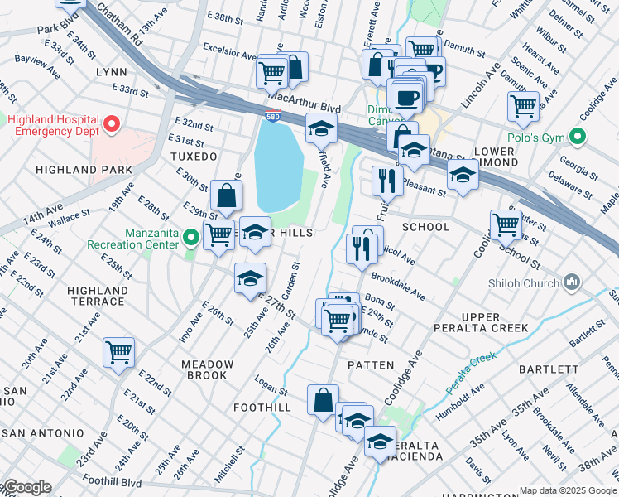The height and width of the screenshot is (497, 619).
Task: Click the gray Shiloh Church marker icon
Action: tap(572, 283)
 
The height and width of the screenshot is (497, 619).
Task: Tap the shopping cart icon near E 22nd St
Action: tap(118, 351)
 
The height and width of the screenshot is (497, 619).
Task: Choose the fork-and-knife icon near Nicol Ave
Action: tap(360, 249)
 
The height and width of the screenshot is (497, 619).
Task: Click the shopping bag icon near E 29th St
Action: tap(225, 196)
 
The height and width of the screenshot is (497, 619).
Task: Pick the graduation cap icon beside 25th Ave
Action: tap(249, 279)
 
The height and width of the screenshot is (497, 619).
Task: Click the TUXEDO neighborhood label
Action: tap(193, 157)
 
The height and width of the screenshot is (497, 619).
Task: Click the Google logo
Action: tap(26, 487)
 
